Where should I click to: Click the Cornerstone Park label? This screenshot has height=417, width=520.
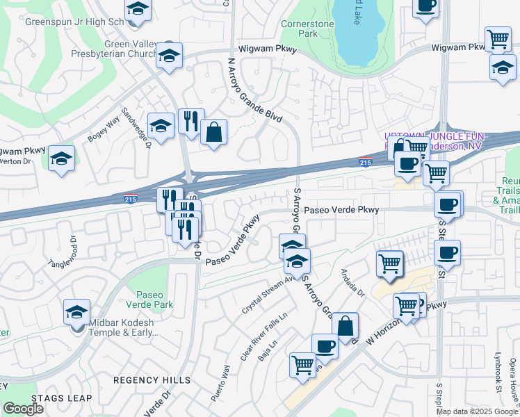[307, 28]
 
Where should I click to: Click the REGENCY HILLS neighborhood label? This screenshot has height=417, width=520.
[152, 380]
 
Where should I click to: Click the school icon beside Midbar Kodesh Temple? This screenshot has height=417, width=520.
[76, 312]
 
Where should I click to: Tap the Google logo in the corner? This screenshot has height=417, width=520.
[23, 409]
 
